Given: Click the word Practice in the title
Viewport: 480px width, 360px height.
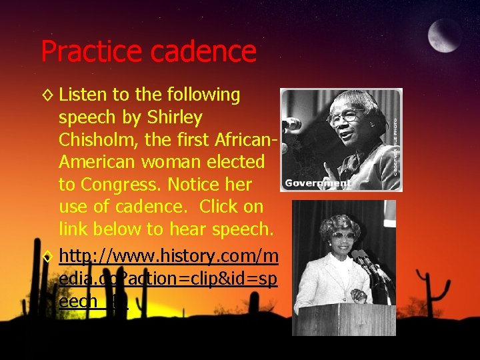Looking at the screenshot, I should [x=90, y=51].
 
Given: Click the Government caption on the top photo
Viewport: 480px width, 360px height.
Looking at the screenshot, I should [x=317, y=183].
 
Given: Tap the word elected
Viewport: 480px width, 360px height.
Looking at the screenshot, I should [x=237, y=162].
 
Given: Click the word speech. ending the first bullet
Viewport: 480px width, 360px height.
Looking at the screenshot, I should [x=241, y=229].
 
